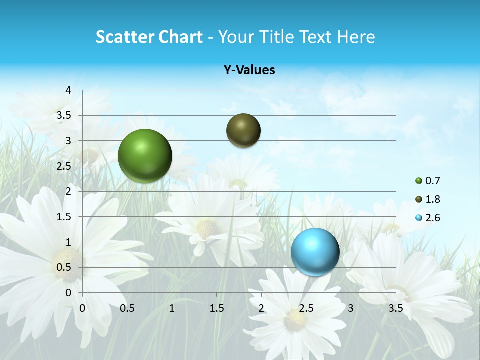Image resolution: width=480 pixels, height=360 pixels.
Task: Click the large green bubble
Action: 145,156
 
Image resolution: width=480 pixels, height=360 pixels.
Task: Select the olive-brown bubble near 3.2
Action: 243,130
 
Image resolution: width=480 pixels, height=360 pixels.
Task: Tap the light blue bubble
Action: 315,251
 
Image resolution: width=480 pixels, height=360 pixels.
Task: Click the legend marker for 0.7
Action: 419,181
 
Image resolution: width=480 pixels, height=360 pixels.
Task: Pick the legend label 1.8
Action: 432,199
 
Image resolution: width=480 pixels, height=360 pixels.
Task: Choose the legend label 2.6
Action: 432,218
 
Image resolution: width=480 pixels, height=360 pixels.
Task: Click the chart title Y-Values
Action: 249,70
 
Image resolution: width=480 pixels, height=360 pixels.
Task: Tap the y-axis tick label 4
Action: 68,90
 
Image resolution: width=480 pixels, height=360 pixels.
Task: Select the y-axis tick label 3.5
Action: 64,115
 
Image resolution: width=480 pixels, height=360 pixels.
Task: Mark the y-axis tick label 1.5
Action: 64,217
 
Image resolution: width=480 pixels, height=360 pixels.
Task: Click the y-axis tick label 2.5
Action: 64,166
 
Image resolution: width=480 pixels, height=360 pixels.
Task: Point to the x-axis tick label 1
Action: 172,308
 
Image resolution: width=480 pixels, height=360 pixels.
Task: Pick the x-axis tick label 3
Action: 351,308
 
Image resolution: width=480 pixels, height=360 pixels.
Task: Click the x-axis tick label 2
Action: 261,308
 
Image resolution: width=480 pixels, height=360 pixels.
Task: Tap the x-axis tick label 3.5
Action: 395,308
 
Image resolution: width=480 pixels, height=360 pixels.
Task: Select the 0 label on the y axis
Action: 68,293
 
